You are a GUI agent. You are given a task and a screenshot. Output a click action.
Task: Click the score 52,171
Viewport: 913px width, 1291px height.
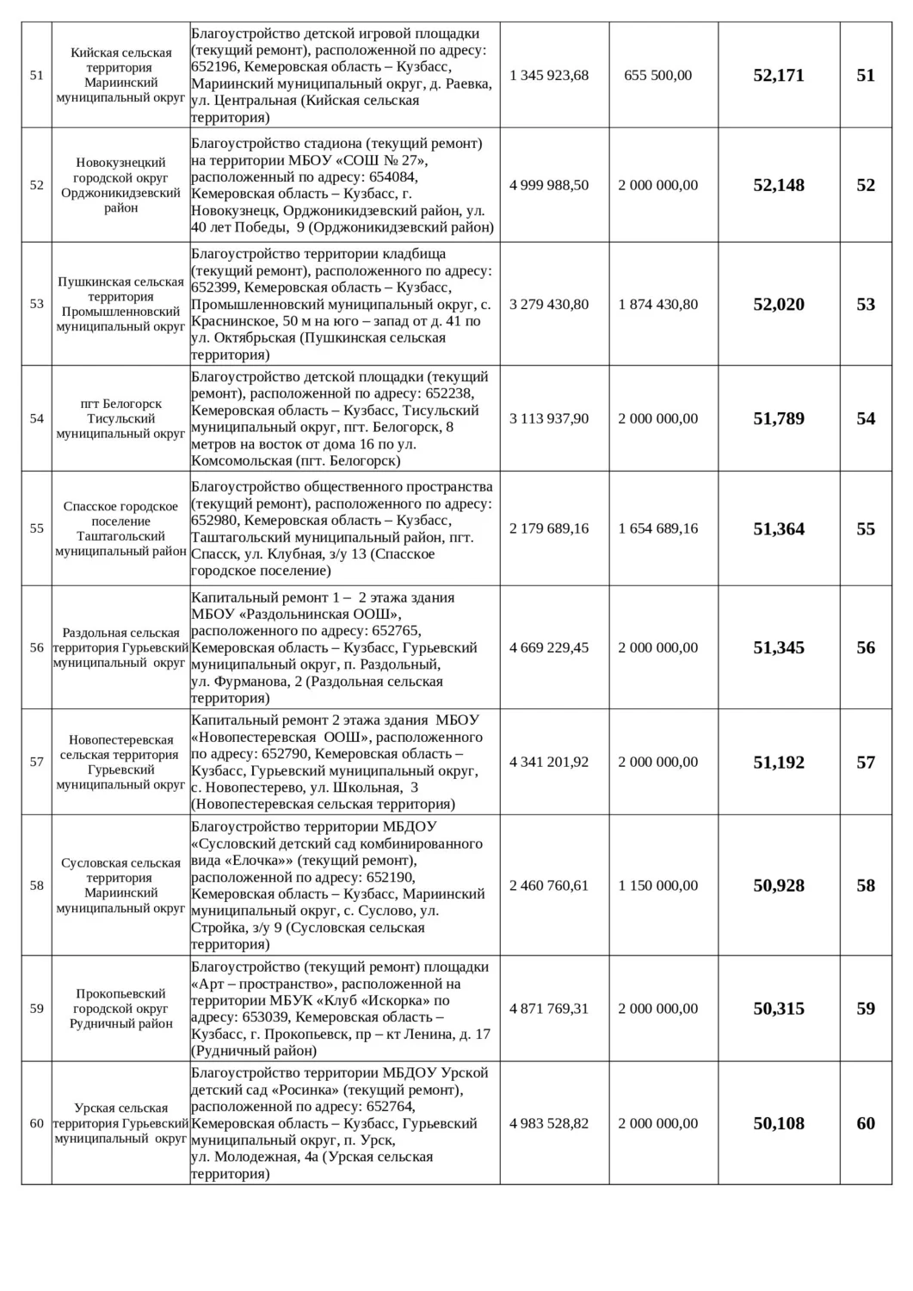pyautogui.click(x=778, y=76)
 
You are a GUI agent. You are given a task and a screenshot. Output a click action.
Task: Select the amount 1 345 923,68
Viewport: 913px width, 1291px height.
pyautogui.click(x=549, y=76)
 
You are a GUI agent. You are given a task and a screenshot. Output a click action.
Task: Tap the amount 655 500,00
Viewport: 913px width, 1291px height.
pyautogui.click(x=657, y=76)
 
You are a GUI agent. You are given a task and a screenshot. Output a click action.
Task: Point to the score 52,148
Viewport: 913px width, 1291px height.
pyautogui.click(x=778, y=185)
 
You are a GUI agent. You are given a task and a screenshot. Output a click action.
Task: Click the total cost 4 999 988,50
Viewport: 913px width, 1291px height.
pyautogui.click(x=549, y=185)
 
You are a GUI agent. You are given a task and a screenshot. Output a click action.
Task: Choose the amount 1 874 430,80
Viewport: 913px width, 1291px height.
pyautogui.click(x=657, y=304)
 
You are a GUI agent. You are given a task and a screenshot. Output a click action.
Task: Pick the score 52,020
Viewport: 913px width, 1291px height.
pyautogui.click(x=778, y=304)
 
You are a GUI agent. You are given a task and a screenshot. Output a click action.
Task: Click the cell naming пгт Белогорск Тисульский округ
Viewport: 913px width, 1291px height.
pyautogui.click(x=120, y=418)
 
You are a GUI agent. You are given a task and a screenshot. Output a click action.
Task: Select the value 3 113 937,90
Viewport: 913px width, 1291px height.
pyautogui.click(x=549, y=418)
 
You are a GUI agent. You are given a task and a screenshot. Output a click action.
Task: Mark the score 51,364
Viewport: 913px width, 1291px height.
pyautogui.click(x=778, y=528)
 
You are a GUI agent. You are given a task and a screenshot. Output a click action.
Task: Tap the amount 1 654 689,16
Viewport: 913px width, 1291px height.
pyautogui.click(x=657, y=528)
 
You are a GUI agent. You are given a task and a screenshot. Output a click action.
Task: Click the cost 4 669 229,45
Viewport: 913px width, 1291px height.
pyautogui.click(x=549, y=647)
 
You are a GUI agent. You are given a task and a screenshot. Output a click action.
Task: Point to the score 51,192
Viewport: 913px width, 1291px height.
pyautogui.click(x=778, y=762)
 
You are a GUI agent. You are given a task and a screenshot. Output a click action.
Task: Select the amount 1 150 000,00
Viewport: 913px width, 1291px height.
pyautogui.click(x=657, y=885)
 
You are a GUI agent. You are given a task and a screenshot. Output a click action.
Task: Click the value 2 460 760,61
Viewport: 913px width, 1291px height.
pyautogui.click(x=549, y=885)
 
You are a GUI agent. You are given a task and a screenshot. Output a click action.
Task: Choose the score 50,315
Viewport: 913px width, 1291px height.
pyautogui.click(x=778, y=1009)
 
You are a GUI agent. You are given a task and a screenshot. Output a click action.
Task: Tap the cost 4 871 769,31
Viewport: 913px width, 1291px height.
pyautogui.click(x=549, y=1009)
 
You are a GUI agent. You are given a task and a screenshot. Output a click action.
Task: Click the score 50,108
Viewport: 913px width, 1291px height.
pyautogui.click(x=778, y=1123)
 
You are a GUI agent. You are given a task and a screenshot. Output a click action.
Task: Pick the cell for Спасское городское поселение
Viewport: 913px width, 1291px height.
pyautogui.click(x=120, y=528)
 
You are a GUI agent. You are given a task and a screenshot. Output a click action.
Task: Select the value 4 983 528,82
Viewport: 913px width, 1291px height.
pyautogui.click(x=549, y=1123)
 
